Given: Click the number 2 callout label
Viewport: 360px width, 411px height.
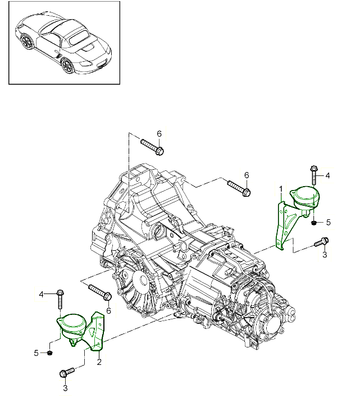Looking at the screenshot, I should pyautogui.click(x=99, y=362).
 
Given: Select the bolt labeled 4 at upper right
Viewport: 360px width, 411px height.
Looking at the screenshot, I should pyautogui.click(x=313, y=174).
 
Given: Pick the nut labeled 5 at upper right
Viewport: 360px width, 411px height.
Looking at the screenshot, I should pyautogui.click(x=313, y=223).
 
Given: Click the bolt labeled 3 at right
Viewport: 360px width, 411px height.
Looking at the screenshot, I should pyautogui.click(x=321, y=242).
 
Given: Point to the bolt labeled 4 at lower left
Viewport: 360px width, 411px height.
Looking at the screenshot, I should pyautogui.click(x=60, y=299).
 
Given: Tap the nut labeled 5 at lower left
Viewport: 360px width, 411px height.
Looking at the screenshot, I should pyautogui.click(x=50, y=353).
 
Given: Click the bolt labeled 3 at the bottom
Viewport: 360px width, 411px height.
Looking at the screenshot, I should pyautogui.click(x=67, y=372).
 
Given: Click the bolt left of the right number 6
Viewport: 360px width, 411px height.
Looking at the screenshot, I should pyautogui.click(x=238, y=187).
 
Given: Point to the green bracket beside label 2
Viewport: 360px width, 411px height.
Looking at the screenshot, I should pyautogui.click(x=97, y=332).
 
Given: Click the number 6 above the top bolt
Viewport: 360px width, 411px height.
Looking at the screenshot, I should pyautogui.click(x=159, y=133).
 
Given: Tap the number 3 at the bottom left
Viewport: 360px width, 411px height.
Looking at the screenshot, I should pyautogui.click(x=65, y=387).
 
